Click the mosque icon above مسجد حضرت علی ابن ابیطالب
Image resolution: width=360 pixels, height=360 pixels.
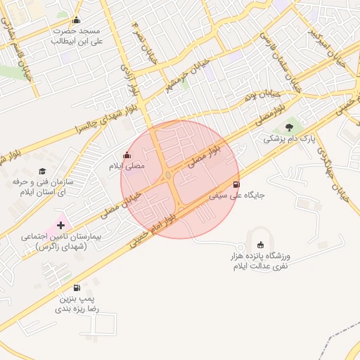[76, 20]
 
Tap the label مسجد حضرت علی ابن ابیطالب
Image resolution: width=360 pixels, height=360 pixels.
[77, 37]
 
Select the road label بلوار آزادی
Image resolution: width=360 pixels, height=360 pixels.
[131, 82]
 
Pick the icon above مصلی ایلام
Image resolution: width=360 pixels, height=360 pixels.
[127, 155]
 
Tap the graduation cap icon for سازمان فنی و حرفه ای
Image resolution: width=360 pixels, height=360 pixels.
[42, 171]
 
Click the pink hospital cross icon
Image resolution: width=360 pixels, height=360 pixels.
[60, 226]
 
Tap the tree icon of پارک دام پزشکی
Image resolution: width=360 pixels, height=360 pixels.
[290, 127]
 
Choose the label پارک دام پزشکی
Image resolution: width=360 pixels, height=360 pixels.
[286, 140]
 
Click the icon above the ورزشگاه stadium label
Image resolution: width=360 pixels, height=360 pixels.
[260, 244]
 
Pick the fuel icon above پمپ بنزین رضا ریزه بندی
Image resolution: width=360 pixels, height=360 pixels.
[77, 287]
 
